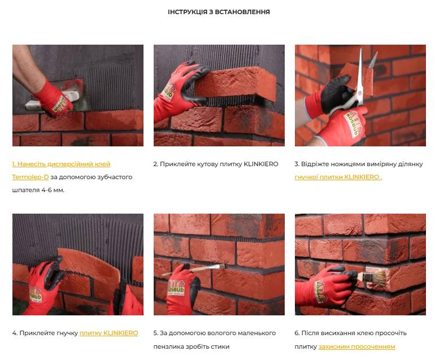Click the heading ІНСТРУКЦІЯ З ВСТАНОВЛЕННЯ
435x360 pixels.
[219, 12]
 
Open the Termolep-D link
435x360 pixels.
[31, 177]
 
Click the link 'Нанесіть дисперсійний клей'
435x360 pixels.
[61, 164]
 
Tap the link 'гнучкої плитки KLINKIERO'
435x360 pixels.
[338, 177]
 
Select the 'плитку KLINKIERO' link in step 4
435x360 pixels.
[108, 333]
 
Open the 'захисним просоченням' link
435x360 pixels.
[357, 346]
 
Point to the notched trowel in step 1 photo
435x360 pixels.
[57, 96]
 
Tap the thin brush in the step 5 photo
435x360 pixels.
[194, 270]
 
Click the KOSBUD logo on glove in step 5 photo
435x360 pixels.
[176, 288]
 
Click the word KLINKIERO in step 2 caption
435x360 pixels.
[261, 164]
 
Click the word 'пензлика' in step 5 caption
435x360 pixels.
[167, 346]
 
